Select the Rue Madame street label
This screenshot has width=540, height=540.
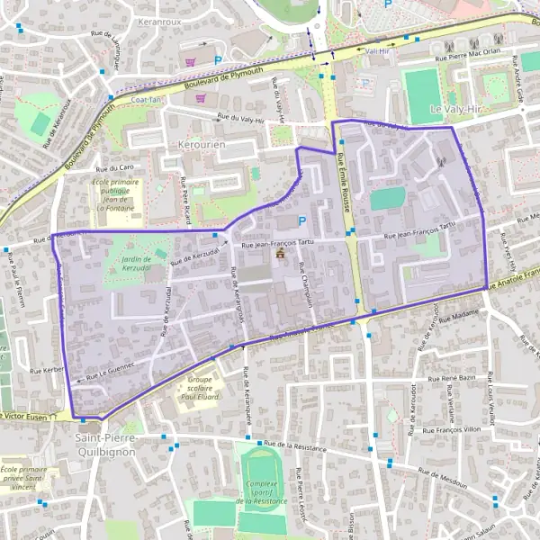click(461, 315)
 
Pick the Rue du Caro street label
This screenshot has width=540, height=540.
click(114, 167)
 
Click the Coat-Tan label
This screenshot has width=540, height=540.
click(145, 100)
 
